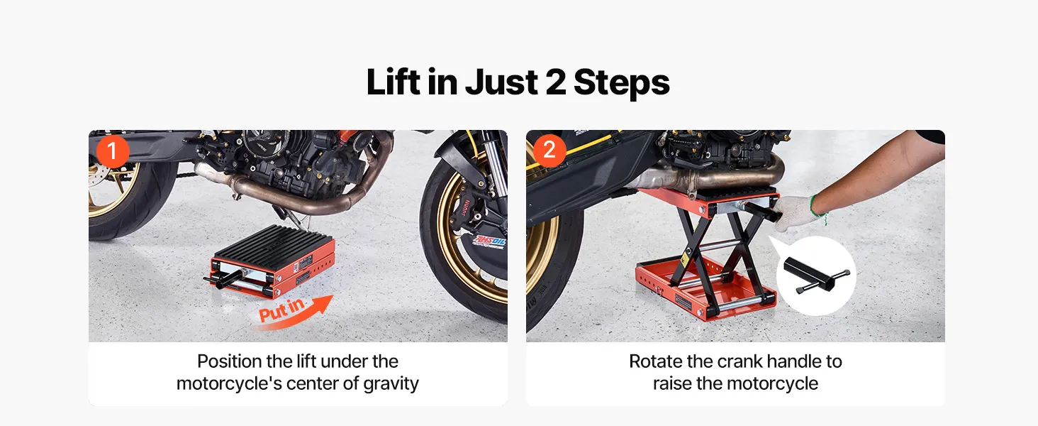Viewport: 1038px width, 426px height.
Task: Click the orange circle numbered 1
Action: tap(113, 151)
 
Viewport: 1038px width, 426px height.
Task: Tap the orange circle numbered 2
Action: tap(549, 151)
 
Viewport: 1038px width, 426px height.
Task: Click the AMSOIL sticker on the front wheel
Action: tap(489, 241)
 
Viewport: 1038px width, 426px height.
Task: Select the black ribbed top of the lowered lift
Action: tap(274, 243)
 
